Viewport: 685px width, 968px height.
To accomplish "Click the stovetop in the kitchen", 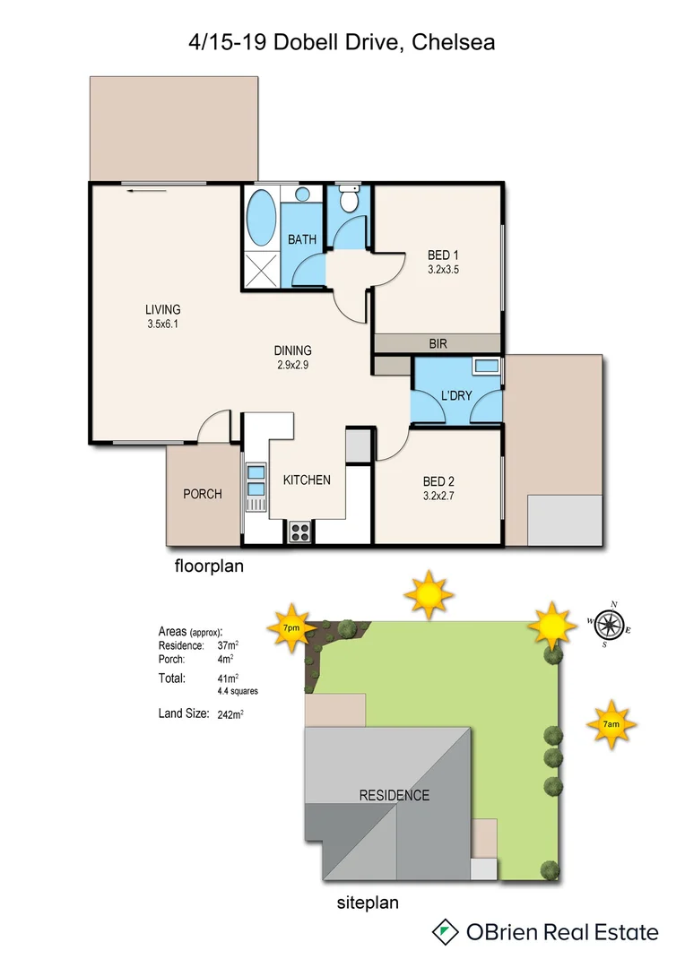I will tap(300, 532).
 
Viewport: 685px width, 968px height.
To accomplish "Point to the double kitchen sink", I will tap(256, 480).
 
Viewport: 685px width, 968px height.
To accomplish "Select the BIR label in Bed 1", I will tap(438, 343).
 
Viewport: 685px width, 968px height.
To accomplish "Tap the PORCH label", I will tap(202, 494).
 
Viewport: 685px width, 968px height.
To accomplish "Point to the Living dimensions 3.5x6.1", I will tap(163, 325).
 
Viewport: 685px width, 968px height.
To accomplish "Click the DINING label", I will tap(292, 350).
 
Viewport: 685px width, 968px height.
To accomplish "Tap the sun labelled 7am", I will tap(611, 722).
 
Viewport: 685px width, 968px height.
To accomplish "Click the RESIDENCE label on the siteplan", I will tap(394, 795).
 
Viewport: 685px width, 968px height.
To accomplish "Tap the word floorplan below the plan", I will tap(208, 566).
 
